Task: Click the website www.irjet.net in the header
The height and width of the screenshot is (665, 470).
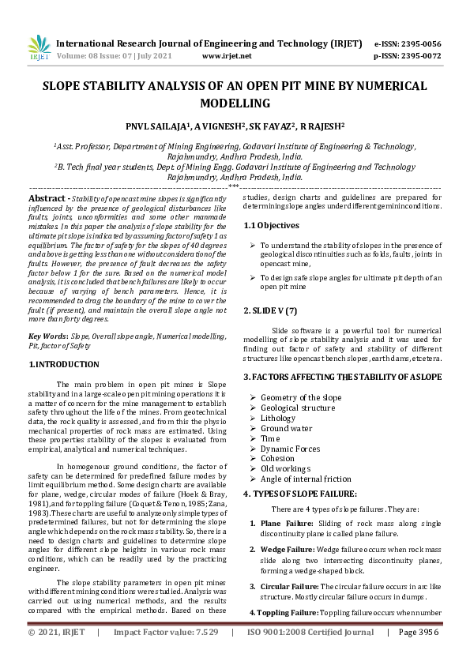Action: (x=227, y=56)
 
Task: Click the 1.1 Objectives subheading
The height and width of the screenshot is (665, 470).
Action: (x=273, y=225)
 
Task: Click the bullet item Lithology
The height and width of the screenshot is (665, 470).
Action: (x=278, y=418)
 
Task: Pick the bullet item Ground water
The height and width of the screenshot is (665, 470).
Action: (x=286, y=428)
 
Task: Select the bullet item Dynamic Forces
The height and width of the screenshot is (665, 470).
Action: (x=290, y=449)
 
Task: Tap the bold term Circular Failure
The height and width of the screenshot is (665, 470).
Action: (x=289, y=587)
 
